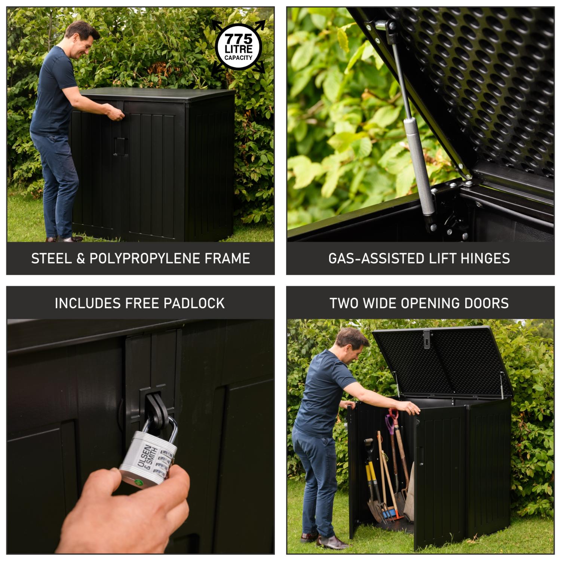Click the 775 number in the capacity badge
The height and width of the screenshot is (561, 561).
(239, 39)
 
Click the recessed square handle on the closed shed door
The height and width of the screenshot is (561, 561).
(120, 146)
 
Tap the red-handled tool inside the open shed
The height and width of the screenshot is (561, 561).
(392, 421)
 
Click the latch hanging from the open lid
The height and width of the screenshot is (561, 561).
(427, 339)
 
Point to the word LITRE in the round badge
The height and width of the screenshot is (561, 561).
(239, 49)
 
